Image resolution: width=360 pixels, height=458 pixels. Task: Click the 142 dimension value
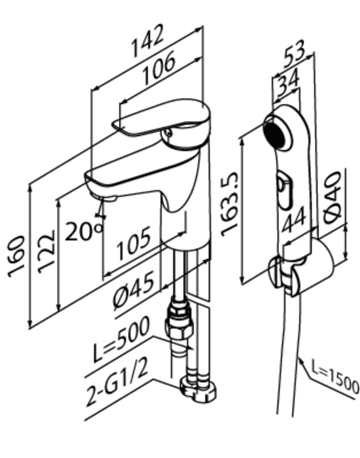pos(147,41)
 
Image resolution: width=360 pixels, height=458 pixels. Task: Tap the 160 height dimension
pos(16,256)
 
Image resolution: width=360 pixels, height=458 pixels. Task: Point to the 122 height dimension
pos(46,251)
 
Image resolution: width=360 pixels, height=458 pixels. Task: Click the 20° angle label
pos(83,231)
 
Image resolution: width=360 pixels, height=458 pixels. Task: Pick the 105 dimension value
pos(134,243)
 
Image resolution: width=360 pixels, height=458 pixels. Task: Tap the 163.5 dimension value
pos(230,203)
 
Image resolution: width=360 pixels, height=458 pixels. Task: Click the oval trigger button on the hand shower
pos(285,192)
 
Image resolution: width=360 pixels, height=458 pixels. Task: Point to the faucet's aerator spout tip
pos(103,198)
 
